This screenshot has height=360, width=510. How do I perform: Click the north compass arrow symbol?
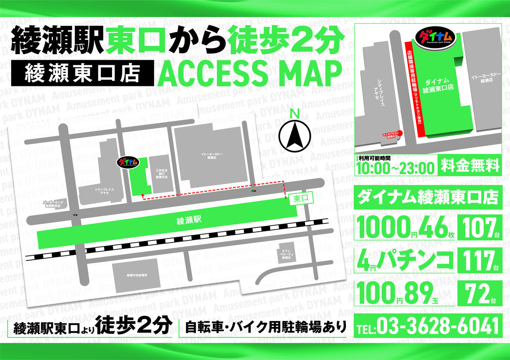click(295, 135)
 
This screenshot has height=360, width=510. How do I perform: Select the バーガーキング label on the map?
click(52, 204)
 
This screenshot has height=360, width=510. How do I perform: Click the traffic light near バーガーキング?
click(75, 215)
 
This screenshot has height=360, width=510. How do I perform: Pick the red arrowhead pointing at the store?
click(143, 194)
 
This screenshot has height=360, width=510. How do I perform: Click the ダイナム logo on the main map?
click(128, 162)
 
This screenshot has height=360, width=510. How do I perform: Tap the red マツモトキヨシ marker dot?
click(400, 133)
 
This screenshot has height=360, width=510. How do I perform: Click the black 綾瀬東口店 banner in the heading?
click(82, 72)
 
